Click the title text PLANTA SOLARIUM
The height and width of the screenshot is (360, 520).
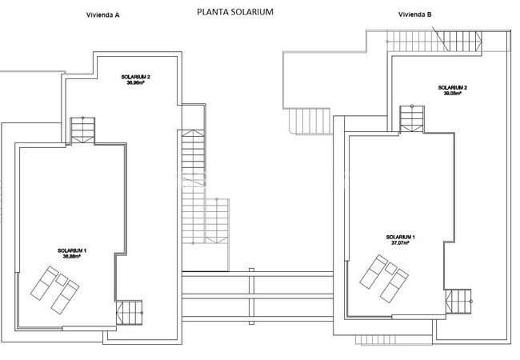coord(235,12)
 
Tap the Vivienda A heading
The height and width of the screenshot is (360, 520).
coord(103,15)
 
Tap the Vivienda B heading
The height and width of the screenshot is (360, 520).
coord(415,14)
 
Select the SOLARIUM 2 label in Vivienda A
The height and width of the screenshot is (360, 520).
coord(136,77)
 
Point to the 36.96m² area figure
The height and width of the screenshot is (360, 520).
coord(136,83)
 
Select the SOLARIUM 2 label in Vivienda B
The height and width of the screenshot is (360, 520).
coord(453,87)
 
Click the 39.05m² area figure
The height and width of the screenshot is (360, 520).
coord(453,94)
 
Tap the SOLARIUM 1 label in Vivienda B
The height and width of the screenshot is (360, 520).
coord(400,237)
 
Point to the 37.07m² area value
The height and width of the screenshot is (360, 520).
coord(400,242)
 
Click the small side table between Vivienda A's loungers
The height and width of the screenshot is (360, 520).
coord(62,280)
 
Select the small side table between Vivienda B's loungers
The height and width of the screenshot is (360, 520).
coord(390,268)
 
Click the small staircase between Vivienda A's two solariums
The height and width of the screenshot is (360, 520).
coord(82,130)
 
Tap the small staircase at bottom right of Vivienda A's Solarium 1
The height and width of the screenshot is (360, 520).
coord(129,313)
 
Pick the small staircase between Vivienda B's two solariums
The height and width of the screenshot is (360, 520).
coord(412,119)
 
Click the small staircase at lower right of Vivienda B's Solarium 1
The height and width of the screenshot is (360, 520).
coord(458,302)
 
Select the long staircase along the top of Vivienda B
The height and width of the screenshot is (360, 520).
coord(434,41)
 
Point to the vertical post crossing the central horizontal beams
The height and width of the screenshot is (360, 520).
coord(251,296)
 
